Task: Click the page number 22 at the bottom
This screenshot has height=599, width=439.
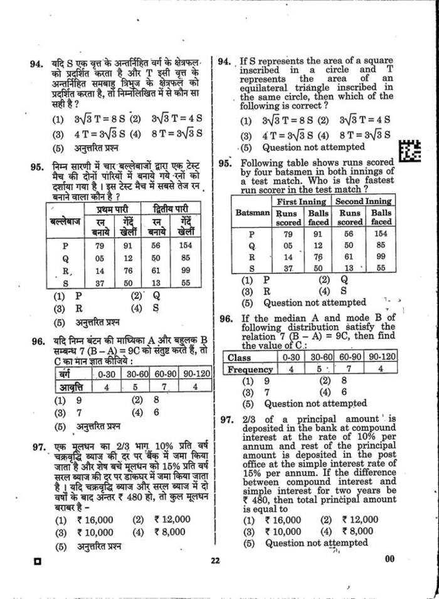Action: [x=216, y=560]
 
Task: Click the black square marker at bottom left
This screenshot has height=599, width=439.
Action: [x=38, y=561]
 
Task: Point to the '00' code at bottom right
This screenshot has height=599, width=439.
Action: [x=389, y=559]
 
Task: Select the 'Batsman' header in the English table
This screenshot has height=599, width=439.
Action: [x=252, y=213]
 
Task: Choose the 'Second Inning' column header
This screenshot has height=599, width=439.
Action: [x=363, y=202]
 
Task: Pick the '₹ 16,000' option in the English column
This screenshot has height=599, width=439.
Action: [x=283, y=520]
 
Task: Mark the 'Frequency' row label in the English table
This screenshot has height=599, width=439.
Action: [x=250, y=370]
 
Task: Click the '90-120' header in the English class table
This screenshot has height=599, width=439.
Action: [x=382, y=357]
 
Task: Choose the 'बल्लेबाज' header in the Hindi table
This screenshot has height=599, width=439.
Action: [x=65, y=222]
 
